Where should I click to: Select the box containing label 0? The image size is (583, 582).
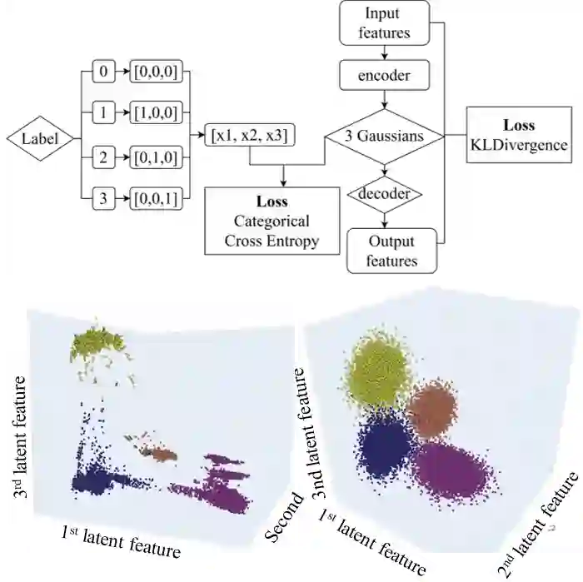coord(102,73)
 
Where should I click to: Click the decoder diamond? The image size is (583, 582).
coord(384,194)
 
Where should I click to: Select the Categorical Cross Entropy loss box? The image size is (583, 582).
coord(272,221)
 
